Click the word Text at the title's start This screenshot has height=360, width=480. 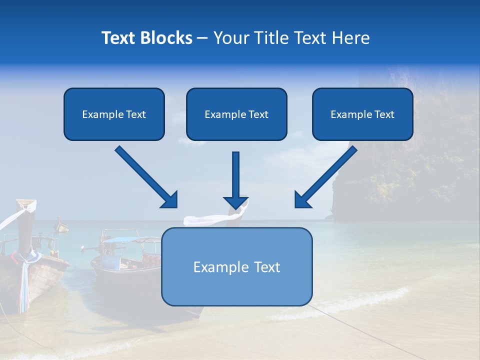[x=120, y=38]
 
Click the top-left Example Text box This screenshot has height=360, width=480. [x=114, y=114]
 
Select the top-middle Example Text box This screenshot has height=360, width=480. [x=236, y=114]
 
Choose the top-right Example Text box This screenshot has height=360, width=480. [x=362, y=114]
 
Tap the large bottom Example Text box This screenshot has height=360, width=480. [x=236, y=266]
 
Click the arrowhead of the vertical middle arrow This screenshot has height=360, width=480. [x=235, y=201]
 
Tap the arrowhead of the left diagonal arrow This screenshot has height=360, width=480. [x=170, y=200]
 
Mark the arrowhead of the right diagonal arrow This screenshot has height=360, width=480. [x=302, y=200]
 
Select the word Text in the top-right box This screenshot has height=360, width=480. [x=384, y=114]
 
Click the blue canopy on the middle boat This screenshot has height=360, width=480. [x=120, y=240]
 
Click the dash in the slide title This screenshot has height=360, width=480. [x=202, y=38]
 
